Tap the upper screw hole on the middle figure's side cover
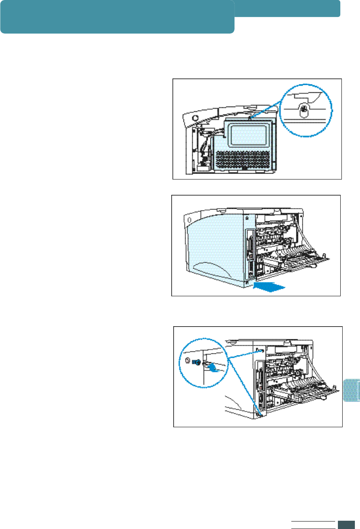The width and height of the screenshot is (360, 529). coord(247,217)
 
